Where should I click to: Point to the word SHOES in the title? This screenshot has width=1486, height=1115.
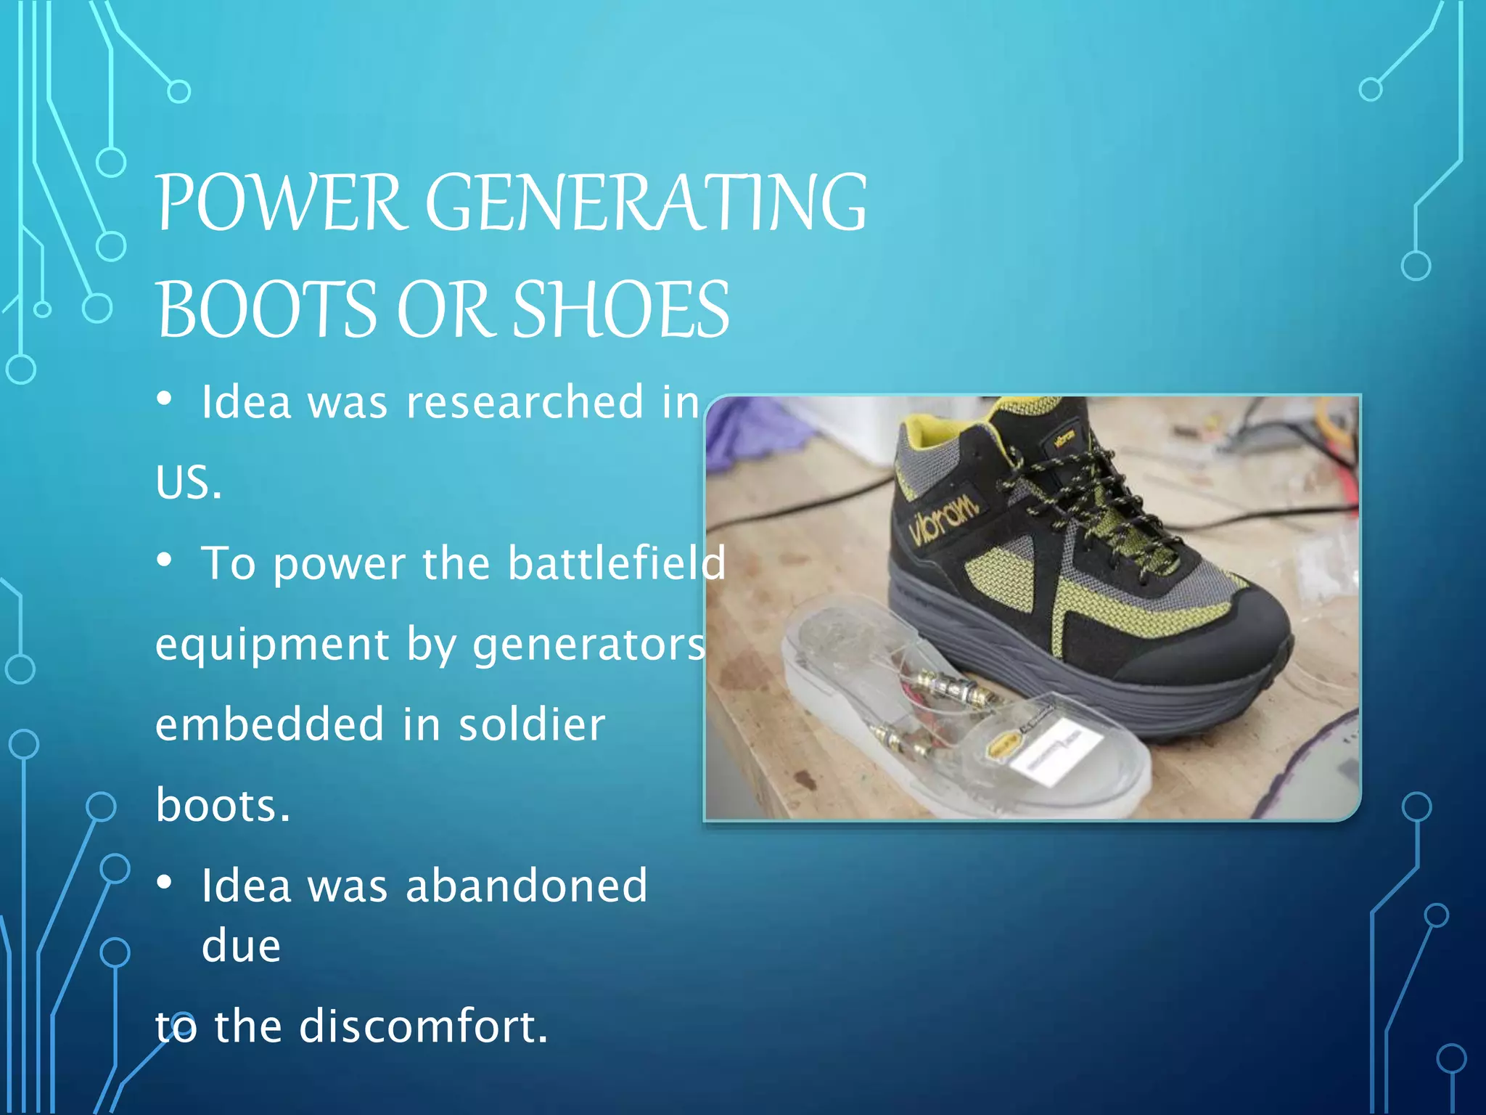coord(621,311)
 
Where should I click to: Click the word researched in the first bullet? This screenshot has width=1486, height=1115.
coord(524,402)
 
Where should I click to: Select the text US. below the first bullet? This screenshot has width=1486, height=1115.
coord(188,483)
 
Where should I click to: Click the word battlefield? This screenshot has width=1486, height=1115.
coord(616,563)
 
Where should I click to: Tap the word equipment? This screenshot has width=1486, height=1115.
coord(273,645)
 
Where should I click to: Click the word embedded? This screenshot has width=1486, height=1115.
coord(269,724)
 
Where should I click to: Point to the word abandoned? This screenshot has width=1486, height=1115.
coord(526,886)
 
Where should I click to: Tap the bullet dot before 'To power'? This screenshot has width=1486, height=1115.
coord(165,560)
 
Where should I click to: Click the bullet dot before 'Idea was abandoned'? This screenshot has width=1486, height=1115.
coord(165,882)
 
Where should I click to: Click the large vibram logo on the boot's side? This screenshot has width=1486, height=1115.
coord(943,519)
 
